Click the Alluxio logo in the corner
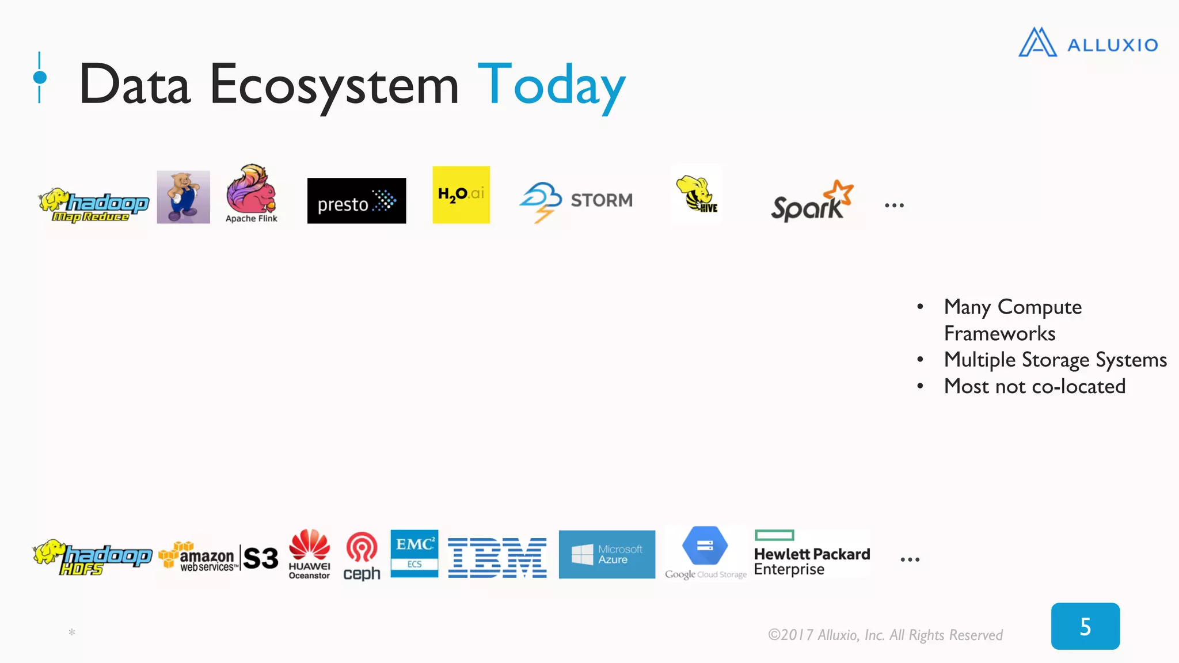[x=1087, y=43]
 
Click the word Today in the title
[x=551, y=85]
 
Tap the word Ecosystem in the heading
[x=334, y=85]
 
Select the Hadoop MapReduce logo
[x=94, y=205]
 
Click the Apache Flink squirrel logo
[x=252, y=194]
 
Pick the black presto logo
[x=356, y=201]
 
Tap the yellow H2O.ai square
[x=461, y=195]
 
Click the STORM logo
[x=576, y=201]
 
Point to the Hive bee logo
[x=697, y=194]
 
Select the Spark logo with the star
[x=812, y=202]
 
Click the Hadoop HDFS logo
[x=92, y=557]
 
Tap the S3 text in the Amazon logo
[x=261, y=558]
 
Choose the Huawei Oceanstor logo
[x=309, y=554]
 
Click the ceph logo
[x=362, y=556]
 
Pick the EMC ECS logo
[x=414, y=553]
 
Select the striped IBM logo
[x=497, y=558]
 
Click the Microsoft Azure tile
[x=607, y=554]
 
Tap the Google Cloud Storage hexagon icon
[x=705, y=546]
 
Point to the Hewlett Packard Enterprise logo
[x=812, y=554]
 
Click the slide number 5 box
[x=1085, y=626]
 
